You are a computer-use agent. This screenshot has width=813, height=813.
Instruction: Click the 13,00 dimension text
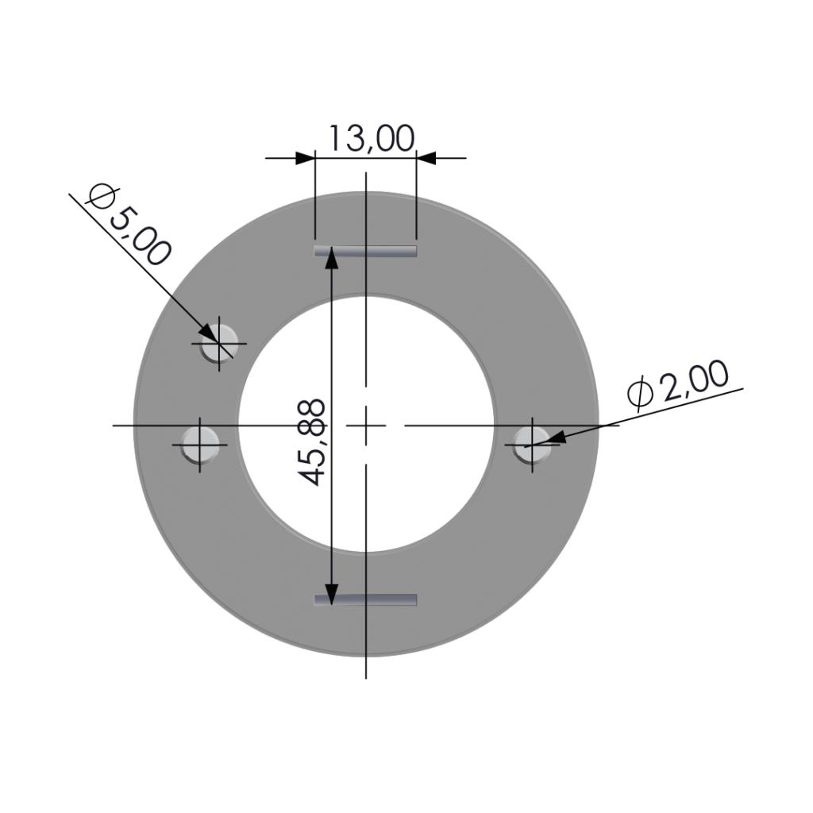(372, 138)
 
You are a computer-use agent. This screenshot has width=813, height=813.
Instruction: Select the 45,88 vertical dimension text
(313, 442)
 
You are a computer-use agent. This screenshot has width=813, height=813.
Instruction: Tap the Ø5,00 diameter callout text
(129, 224)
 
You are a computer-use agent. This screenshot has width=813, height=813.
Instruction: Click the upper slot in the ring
(365, 252)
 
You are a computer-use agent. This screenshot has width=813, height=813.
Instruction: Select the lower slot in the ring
(365, 600)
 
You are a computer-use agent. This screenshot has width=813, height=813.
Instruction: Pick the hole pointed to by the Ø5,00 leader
(219, 343)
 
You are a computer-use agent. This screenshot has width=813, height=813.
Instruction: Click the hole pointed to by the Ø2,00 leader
(533, 445)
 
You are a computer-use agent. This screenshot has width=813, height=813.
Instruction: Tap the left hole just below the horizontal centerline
(200, 445)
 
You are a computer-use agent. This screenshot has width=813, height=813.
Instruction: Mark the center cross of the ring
(366, 426)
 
